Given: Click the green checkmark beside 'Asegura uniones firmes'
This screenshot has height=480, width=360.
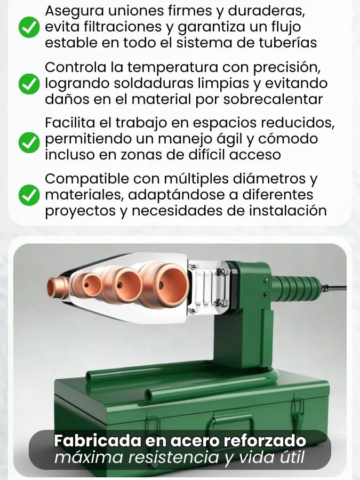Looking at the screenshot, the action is coord(29,28).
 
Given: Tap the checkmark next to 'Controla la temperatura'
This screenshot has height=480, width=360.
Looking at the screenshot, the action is coord(29,84).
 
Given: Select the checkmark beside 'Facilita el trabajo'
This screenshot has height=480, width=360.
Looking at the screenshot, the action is coord(29,142).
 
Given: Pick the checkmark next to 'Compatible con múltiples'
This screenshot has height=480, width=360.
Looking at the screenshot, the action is coord(29,195).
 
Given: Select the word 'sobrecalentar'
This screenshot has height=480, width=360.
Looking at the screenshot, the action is coord(273,99).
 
